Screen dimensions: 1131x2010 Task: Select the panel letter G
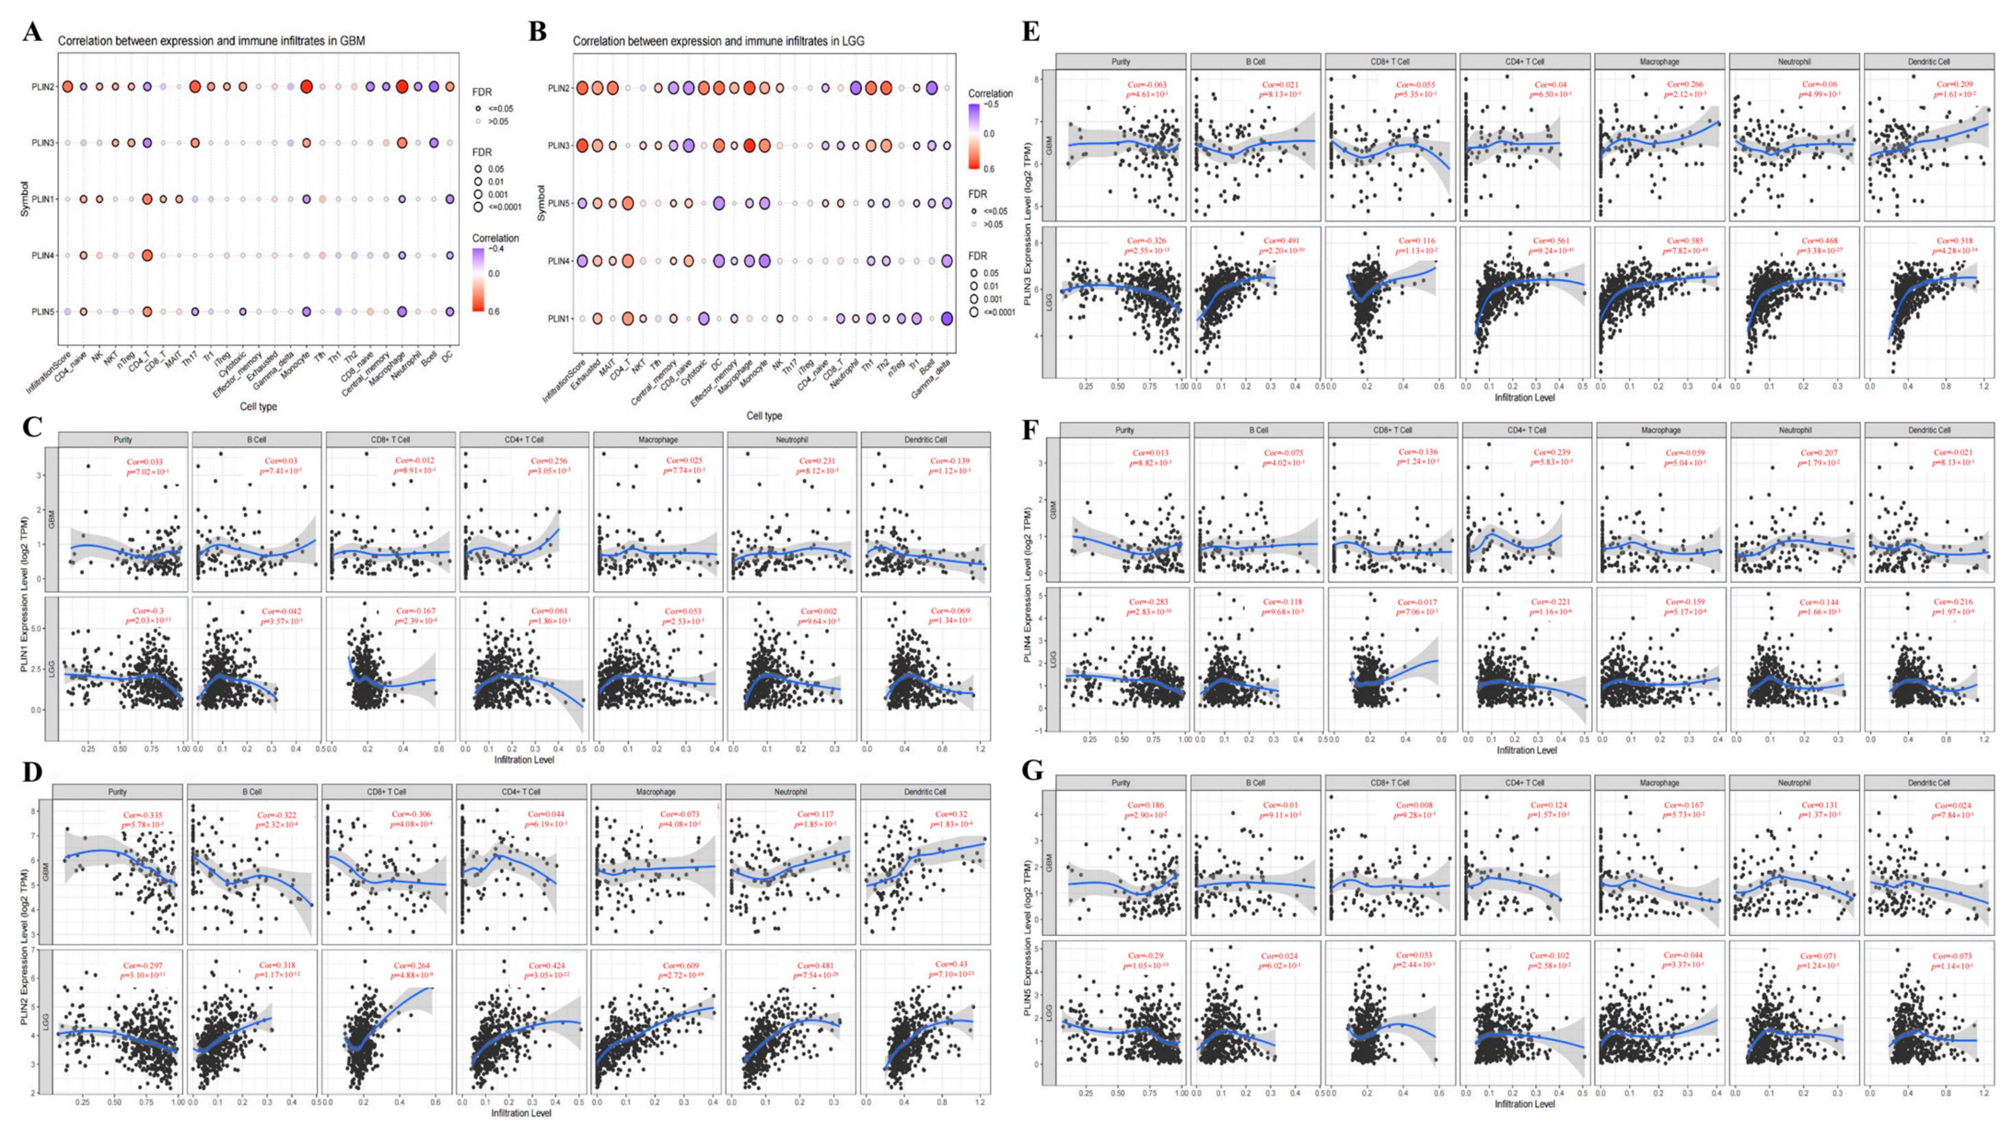click(x=1032, y=771)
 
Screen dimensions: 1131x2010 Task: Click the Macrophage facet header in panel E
click(x=1660, y=62)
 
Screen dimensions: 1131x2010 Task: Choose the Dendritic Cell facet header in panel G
click(x=1929, y=783)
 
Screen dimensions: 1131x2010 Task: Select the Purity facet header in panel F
click(x=1124, y=430)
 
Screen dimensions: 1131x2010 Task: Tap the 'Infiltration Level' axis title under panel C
click(x=524, y=759)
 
